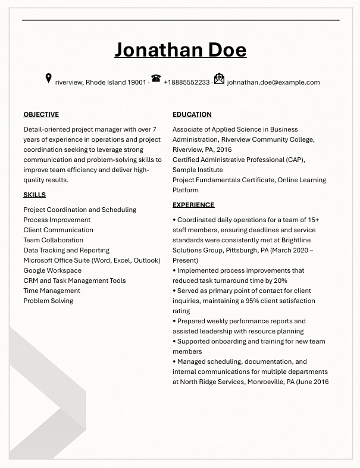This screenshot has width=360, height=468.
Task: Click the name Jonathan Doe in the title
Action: (x=180, y=50)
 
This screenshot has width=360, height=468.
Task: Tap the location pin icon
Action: (x=48, y=79)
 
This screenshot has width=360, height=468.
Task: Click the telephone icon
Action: (x=156, y=79)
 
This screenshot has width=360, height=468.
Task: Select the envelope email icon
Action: (x=219, y=79)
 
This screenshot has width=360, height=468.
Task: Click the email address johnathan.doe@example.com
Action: (x=273, y=83)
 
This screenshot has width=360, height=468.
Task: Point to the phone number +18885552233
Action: (x=186, y=83)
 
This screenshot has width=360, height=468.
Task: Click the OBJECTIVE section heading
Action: (x=41, y=114)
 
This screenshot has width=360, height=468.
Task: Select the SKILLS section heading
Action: (x=35, y=195)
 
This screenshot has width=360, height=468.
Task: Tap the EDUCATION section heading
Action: (x=192, y=114)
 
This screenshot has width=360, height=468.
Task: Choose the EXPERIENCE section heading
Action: (x=193, y=205)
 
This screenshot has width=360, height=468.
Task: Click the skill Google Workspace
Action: (x=52, y=270)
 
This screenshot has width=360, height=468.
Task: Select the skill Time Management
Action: (x=52, y=291)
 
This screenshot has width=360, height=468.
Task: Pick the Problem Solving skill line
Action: (x=48, y=301)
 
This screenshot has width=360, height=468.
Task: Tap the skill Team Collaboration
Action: (x=54, y=240)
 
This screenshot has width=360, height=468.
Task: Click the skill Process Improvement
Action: (x=57, y=220)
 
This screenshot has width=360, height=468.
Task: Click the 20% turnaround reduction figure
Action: (x=280, y=280)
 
